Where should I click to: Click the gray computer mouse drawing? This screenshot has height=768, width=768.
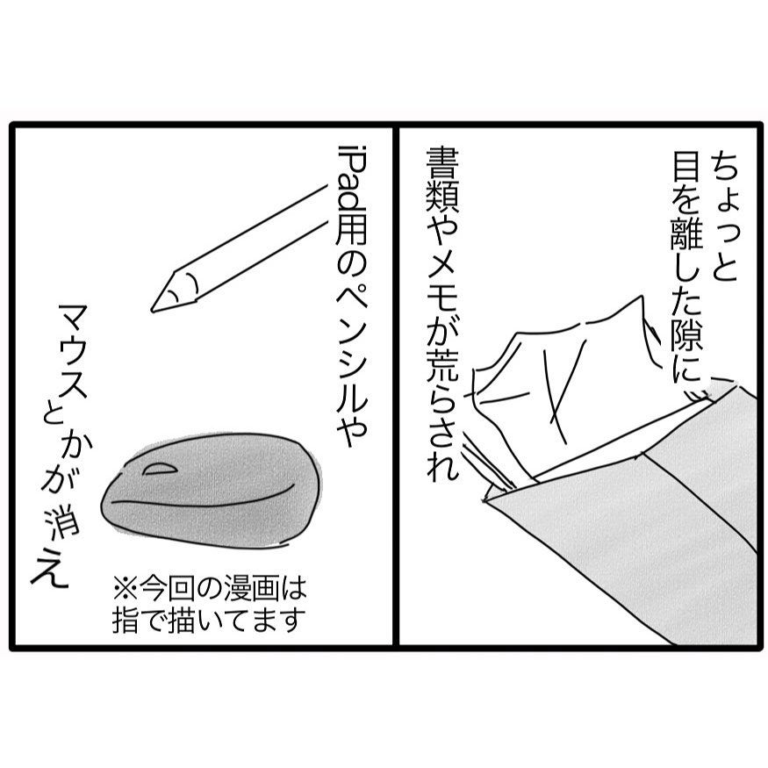point(212,490)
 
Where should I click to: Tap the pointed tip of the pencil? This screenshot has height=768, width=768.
point(153,311)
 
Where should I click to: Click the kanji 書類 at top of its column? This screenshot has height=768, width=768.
point(442,183)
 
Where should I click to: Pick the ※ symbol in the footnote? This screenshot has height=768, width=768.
point(125,588)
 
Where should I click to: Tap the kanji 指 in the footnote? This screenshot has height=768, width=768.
point(125,621)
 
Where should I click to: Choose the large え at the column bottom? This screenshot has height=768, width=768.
point(49,568)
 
